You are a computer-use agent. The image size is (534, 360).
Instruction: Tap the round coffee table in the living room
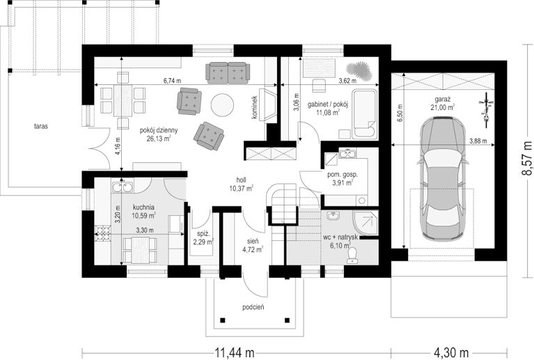(x=222, y=105)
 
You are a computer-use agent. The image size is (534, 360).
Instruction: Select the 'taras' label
(x=41, y=126)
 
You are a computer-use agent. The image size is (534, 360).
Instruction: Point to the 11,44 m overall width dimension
(x=235, y=352)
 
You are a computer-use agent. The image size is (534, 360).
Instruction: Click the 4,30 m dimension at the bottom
(x=451, y=352)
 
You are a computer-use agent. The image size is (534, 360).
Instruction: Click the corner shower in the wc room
(x=366, y=223)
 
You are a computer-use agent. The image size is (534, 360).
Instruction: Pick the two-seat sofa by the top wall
(x=228, y=73)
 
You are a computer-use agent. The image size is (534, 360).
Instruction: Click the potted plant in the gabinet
(x=358, y=69)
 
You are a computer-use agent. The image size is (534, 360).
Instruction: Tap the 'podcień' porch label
(x=253, y=308)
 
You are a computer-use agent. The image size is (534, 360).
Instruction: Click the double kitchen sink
(x=122, y=187)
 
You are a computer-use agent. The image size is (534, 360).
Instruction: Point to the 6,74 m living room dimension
(x=172, y=81)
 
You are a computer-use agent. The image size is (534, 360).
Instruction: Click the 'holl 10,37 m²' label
(x=241, y=185)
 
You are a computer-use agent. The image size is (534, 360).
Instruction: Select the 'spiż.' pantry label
(x=203, y=234)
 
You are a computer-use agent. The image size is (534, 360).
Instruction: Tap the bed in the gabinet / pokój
(x=364, y=114)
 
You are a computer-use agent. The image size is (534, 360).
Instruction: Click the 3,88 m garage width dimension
(x=478, y=141)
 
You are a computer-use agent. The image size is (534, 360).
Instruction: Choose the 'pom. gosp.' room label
(x=343, y=175)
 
